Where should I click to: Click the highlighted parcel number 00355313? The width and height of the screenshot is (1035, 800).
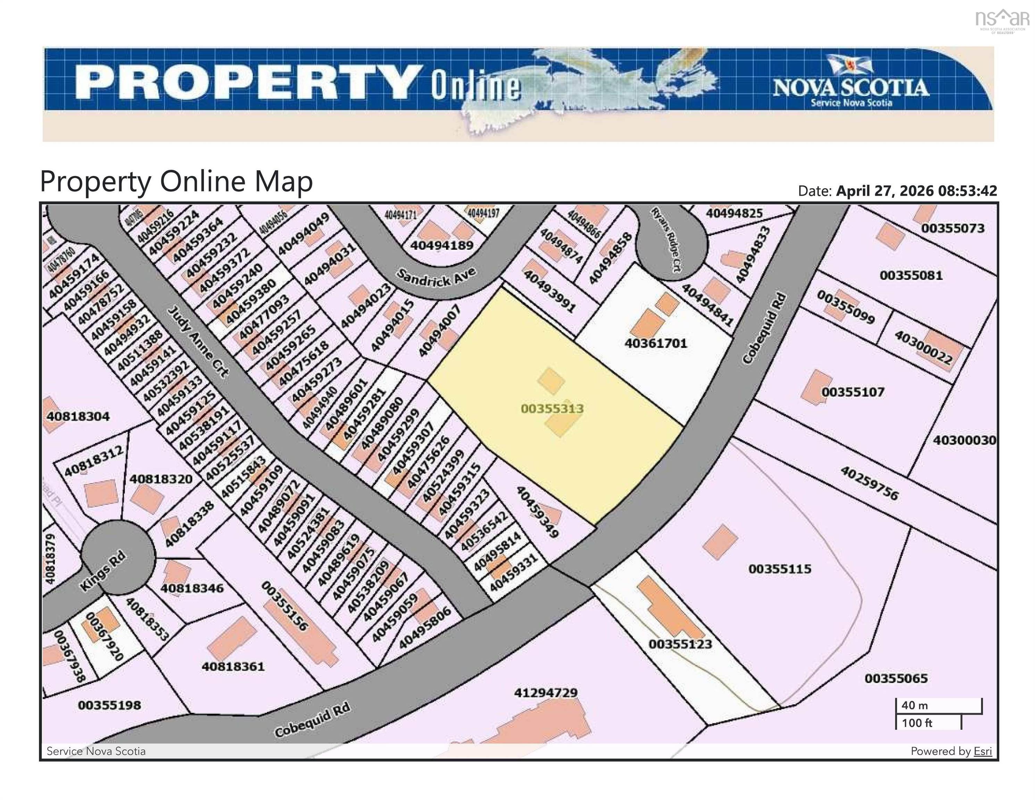(x=552, y=409)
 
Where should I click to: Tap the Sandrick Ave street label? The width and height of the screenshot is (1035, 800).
(x=436, y=278)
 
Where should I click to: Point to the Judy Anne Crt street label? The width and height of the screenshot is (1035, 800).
(x=199, y=341)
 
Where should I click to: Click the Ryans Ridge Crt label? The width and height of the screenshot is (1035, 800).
(x=666, y=240)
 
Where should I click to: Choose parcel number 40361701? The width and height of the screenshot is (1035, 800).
(x=656, y=343)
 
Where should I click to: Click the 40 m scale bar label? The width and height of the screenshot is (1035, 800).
(x=915, y=705)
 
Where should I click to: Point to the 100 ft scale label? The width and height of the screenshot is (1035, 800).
(x=917, y=723)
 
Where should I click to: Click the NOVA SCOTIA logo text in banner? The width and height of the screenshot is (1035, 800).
(x=851, y=88)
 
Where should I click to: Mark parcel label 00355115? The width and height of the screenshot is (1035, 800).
(x=779, y=569)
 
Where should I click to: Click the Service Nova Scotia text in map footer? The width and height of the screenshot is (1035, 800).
(x=96, y=751)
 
